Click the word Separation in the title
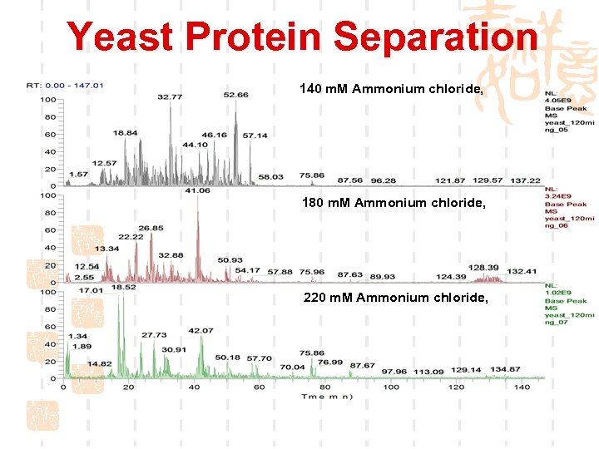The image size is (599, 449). [435, 37]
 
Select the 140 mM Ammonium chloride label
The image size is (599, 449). [391, 89]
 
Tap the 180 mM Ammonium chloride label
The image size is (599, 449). [391, 203]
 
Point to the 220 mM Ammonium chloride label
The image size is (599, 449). [397, 297]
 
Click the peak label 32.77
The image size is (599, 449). [170, 97]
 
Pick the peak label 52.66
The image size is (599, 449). [235, 95]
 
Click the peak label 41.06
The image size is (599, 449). [197, 190]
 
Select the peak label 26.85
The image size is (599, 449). [151, 227]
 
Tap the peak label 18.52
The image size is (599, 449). [124, 287]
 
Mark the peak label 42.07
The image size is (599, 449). [200, 331]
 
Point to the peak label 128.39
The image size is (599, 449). [483, 268]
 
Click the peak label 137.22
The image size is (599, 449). [525, 180]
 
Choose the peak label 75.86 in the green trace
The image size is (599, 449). [312, 353]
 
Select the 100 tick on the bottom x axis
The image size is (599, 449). [390, 387]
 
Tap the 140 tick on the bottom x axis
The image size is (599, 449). [522, 387]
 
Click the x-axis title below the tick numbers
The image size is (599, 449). [327, 397]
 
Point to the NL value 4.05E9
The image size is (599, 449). [558, 101]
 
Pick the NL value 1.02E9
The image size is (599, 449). [558, 294]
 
